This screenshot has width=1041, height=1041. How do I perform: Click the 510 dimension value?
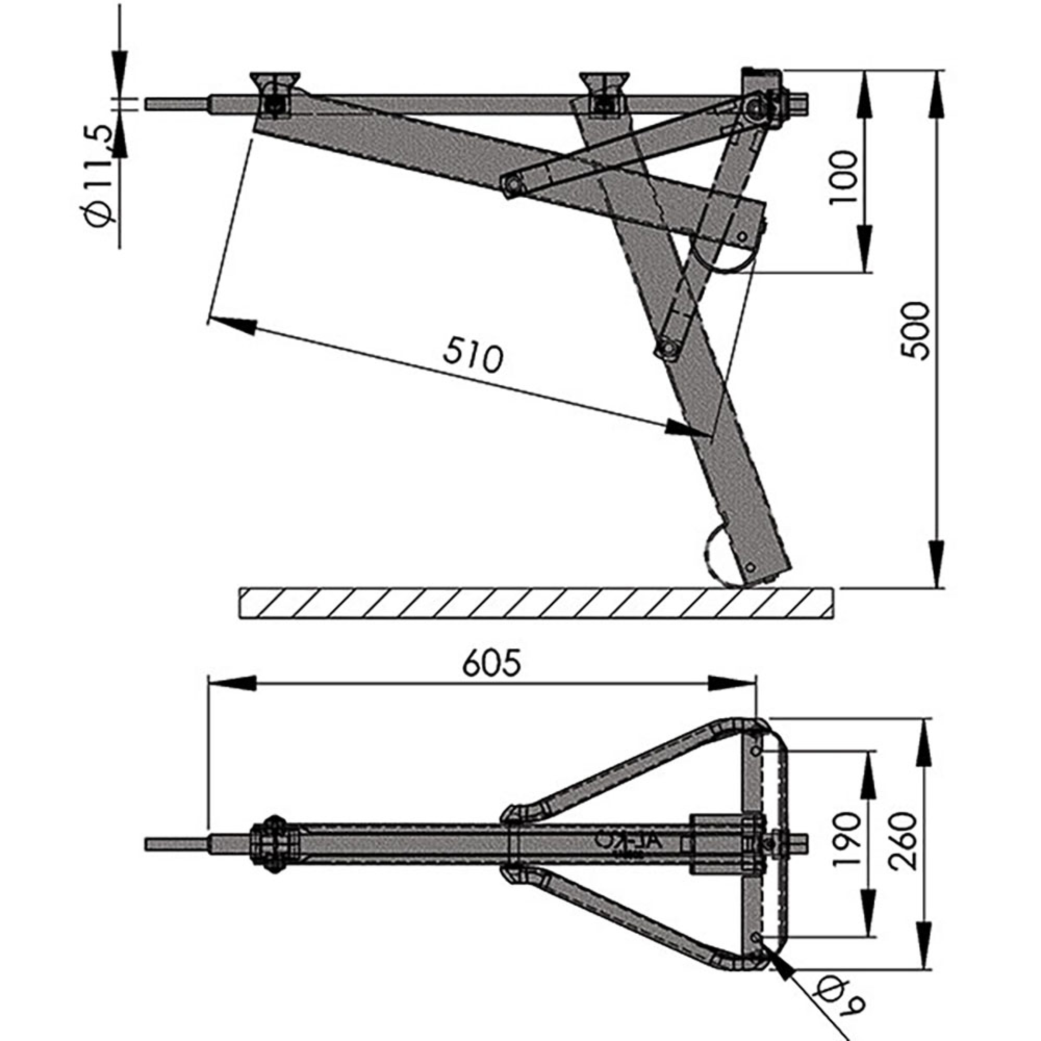tap(473, 355)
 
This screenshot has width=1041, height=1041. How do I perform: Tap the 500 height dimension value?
tap(916, 331)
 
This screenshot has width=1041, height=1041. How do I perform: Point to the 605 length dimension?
tap(491, 663)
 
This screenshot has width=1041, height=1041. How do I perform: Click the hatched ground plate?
tap(536, 603)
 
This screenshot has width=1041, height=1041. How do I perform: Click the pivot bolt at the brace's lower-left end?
tap(513, 186)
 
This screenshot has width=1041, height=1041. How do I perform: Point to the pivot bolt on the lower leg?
tap(668, 349)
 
